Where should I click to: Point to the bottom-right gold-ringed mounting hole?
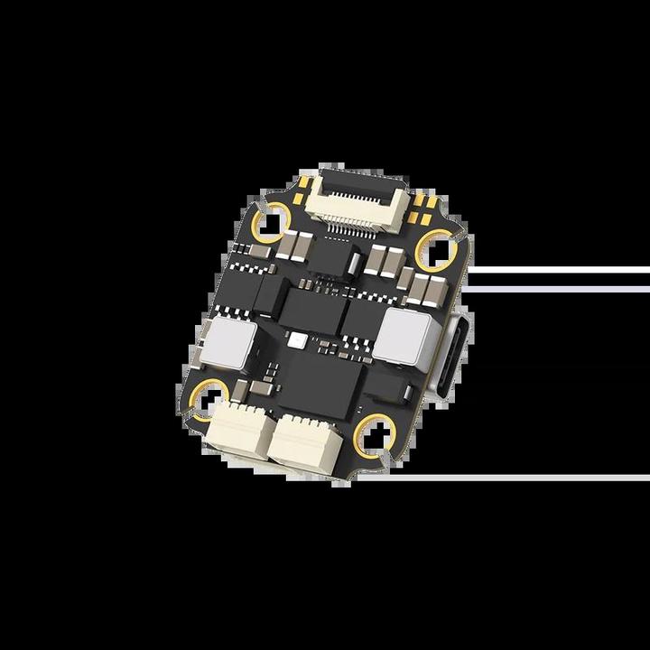375,431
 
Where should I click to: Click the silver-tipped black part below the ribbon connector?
355,261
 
